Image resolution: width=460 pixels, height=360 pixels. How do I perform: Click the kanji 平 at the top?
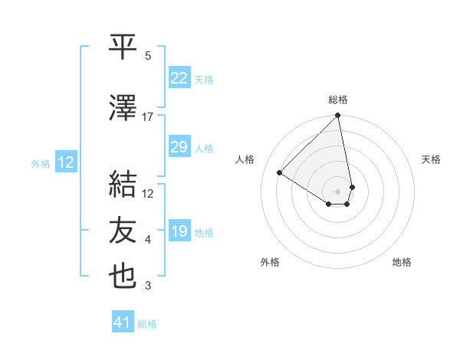pos(123,47)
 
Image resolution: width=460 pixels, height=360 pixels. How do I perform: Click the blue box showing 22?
pos(179,78)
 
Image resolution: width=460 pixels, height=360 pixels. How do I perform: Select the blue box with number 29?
pos(179,147)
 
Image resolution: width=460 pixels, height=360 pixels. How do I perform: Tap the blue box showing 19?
pos(179,231)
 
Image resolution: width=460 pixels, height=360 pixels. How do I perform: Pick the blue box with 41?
pos(123,322)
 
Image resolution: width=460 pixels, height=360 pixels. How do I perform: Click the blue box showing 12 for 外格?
pos(65,162)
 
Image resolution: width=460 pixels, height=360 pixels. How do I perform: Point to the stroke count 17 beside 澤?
pos(148,117)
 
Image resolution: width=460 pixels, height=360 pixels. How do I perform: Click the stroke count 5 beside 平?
pos(148,56)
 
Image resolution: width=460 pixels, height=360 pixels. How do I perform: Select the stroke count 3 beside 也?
pos(148,286)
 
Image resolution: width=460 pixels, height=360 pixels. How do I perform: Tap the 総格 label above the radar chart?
pos(338,100)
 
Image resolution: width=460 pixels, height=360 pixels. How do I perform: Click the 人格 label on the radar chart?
pos(245,159)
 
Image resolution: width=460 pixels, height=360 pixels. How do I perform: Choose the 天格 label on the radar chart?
pos(431,159)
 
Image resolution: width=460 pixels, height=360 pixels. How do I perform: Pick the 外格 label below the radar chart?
pos(270,263)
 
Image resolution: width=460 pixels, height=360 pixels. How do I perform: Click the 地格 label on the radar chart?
pos(402,263)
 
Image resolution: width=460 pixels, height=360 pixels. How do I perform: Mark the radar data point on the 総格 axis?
pos(338,116)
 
